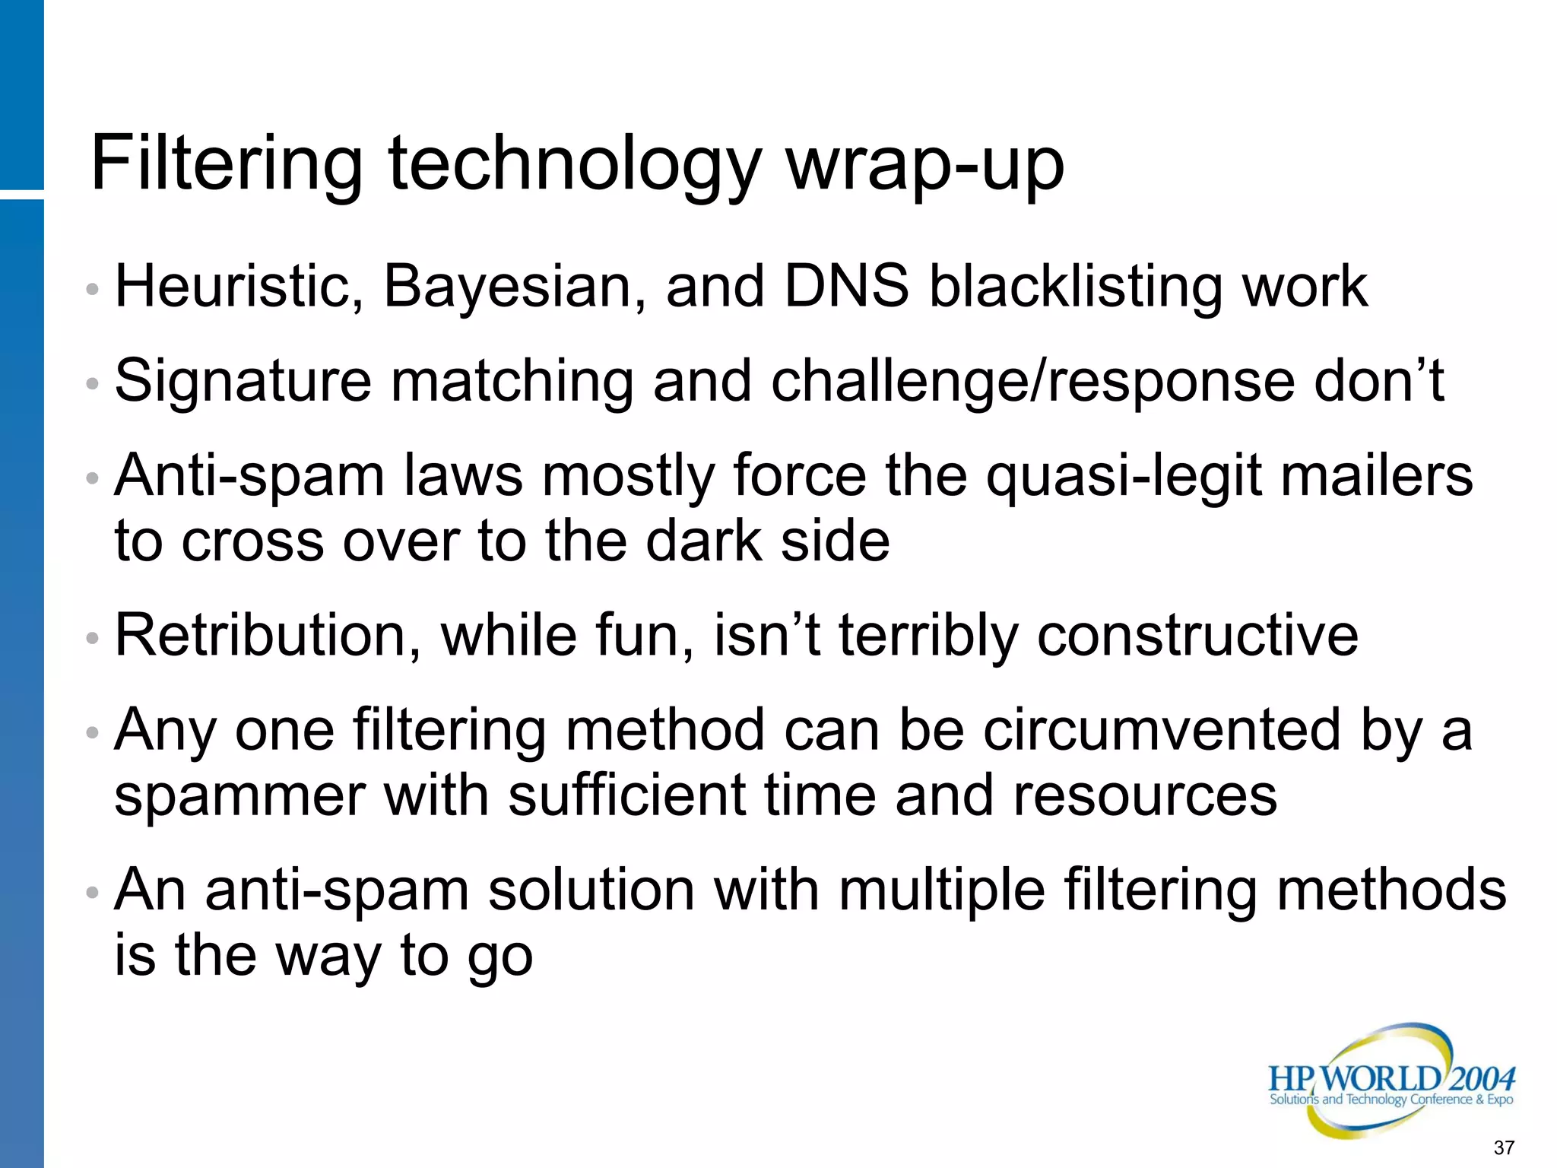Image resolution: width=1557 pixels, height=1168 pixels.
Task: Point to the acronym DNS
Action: pos(846,287)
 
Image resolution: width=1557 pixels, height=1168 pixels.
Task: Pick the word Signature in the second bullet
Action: pos(243,382)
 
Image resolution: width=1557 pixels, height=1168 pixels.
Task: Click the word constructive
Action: pos(1197,636)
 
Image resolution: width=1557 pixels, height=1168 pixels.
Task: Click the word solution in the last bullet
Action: pos(591,890)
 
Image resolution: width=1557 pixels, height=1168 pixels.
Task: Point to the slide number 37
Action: pos(1504,1147)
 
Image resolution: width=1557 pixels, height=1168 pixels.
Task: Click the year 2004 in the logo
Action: pos(1482,1079)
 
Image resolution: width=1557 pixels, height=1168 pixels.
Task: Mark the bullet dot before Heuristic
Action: pos(92,290)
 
